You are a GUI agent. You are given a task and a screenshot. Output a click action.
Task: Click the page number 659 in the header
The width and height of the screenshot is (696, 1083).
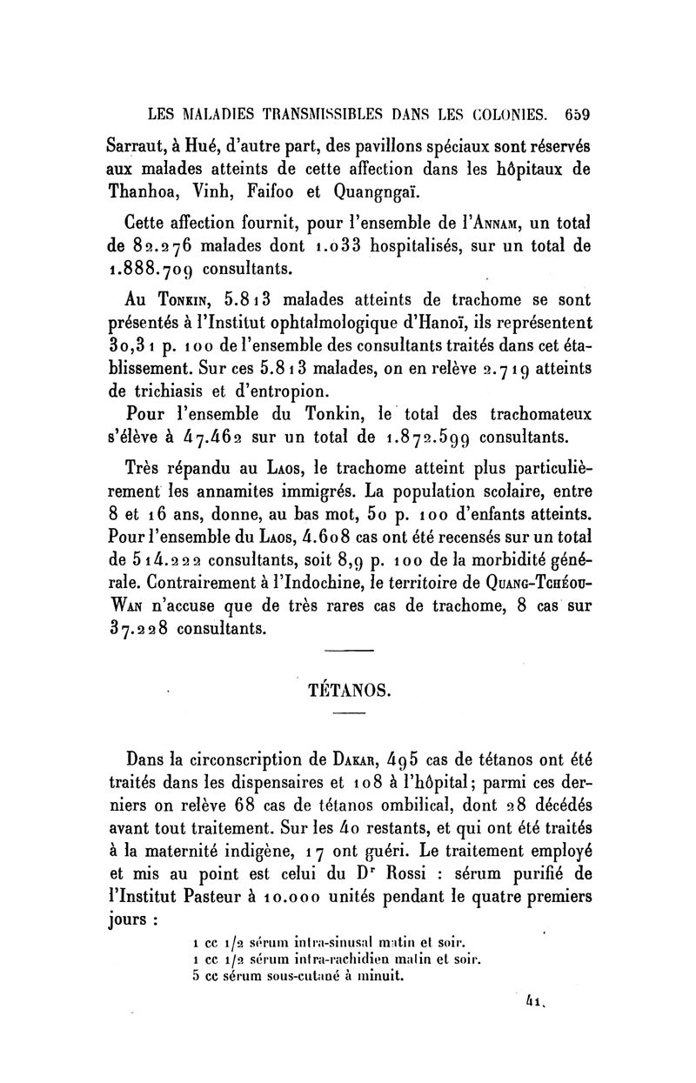tap(577, 114)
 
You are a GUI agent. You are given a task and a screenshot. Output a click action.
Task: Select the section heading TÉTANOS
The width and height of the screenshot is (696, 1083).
tap(347, 692)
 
